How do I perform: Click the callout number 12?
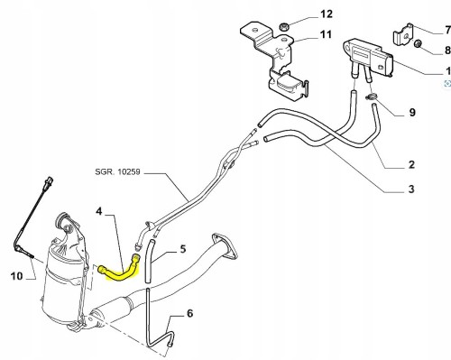click(327, 14)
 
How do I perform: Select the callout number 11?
click(326, 34)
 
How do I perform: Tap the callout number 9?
click(412, 113)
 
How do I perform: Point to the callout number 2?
click(411, 164)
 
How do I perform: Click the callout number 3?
click(411, 189)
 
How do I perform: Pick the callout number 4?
click(99, 211)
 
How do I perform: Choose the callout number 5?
click(183, 249)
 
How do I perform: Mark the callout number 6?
click(189, 313)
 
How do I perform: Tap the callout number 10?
click(17, 276)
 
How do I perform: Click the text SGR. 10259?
click(117, 171)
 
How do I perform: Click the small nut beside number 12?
click(284, 27)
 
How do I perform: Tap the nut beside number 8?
click(418, 44)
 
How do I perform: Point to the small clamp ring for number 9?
click(372, 97)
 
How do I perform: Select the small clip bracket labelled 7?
click(403, 35)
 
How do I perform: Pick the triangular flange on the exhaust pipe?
click(225, 246)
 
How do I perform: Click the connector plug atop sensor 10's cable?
click(50, 181)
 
